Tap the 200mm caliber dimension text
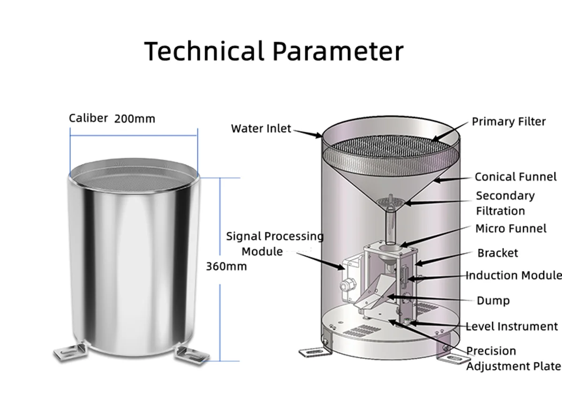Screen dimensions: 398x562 pyautogui.click(x=134, y=119)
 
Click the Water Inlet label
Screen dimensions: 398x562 pyautogui.click(x=261, y=128)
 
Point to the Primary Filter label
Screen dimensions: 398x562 pyautogui.click(x=509, y=122)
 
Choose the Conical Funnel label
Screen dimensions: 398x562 pyautogui.click(x=516, y=177)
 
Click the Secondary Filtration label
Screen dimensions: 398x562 pyautogui.click(x=505, y=203)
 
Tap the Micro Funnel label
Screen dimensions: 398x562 pyautogui.click(x=511, y=228)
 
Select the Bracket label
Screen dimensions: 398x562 pyautogui.click(x=497, y=253)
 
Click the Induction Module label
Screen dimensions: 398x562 pyautogui.click(x=513, y=275)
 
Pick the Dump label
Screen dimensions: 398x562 pyautogui.click(x=493, y=301)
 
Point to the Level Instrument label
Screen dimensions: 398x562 pyautogui.click(x=511, y=326)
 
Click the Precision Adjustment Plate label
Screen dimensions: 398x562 pyautogui.click(x=512, y=358)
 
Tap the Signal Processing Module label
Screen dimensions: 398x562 pyautogui.click(x=274, y=243)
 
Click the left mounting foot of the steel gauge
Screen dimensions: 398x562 pyautogui.click(x=69, y=352)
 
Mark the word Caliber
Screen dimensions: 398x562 pyautogui.click(x=88, y=118)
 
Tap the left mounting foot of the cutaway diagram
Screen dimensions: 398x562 pyautogui.click(x=311, y=352)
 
